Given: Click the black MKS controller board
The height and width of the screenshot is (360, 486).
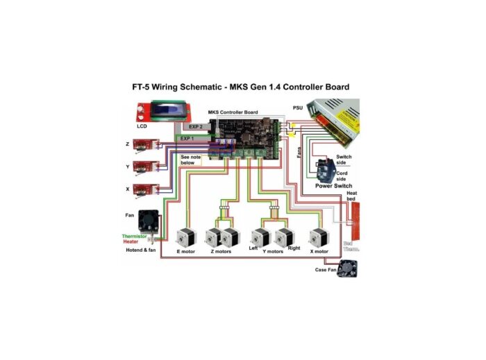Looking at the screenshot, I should (x=249, y=135).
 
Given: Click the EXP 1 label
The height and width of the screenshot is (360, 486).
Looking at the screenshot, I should (x=188, y=139).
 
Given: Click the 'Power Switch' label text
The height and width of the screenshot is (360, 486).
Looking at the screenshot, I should (x=333, y=186).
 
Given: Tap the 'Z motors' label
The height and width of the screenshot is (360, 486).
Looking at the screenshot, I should (x=221, y=251).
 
